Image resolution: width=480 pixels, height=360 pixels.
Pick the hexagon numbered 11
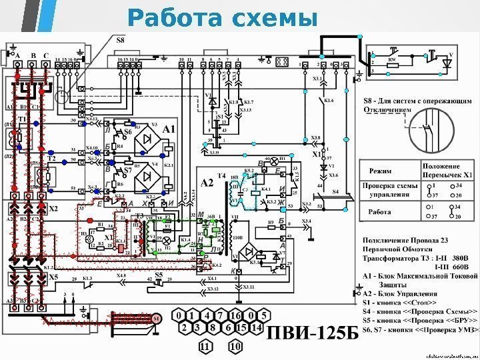point(205,346)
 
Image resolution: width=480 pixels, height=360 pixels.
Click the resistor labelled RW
point(392,59)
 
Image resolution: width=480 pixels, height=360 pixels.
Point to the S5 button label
point(159,274)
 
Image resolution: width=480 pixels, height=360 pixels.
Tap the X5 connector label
point(53,277)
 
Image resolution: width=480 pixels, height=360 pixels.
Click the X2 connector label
point(53,209)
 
